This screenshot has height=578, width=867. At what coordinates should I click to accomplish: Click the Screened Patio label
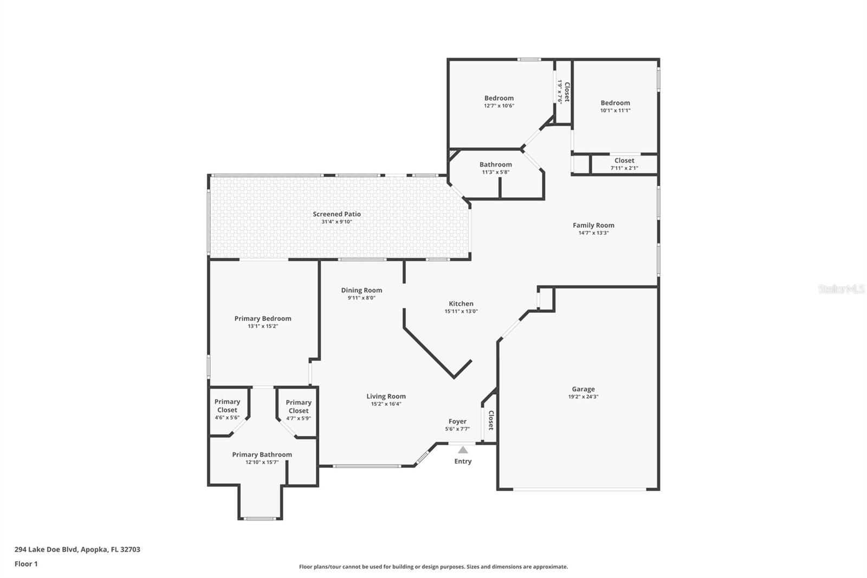point(337,214)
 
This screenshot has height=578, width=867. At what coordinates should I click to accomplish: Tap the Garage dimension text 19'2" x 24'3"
point(583,397)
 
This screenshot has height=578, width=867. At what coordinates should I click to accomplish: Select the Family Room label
point(593,225)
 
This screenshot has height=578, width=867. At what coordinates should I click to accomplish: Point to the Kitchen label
point(461,304)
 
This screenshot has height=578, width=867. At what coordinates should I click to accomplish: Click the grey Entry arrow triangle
point(463,450)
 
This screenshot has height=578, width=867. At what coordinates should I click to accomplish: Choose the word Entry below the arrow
point(463,461)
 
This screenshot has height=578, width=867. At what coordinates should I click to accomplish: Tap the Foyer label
point(457,421)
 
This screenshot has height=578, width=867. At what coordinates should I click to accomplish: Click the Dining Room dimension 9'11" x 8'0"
point(361,298)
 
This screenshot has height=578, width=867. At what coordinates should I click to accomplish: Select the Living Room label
point(386,396)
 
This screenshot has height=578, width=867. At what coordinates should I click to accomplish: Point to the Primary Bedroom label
point(263,318)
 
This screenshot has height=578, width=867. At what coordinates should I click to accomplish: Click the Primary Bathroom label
point(262,454)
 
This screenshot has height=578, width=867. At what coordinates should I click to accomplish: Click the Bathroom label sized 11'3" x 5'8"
point(496,165)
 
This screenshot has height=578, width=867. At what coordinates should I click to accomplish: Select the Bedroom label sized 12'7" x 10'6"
point(499,98)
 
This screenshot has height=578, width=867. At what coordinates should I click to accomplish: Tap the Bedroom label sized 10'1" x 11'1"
point(616,103)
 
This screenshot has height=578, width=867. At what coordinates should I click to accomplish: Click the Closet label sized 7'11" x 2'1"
point(624,160)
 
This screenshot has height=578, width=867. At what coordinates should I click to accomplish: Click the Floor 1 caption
point(26,564)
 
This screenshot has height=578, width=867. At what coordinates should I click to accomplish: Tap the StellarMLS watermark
point(842,288)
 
